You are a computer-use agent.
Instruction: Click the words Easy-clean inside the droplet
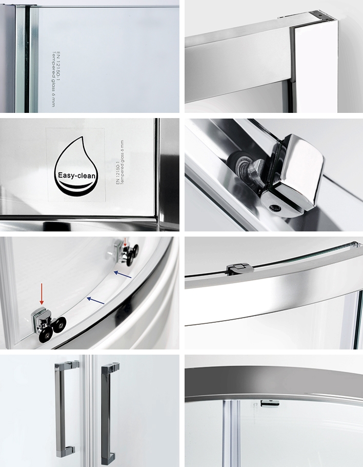77,176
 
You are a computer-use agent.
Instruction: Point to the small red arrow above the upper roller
125,242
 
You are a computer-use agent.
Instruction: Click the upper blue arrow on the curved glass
123,275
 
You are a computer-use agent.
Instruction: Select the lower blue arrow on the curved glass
95,301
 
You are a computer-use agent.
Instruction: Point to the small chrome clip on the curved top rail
240,268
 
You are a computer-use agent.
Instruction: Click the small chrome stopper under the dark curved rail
270,403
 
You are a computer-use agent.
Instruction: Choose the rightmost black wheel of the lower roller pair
62,323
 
